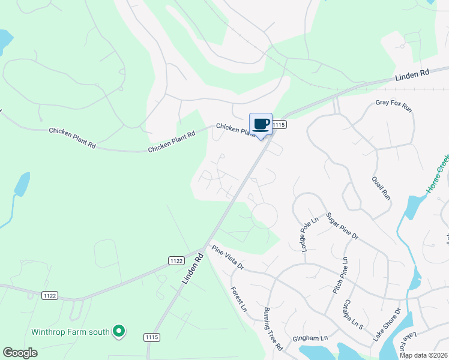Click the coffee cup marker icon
coord(261,125)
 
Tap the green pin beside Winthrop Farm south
coord(119,331)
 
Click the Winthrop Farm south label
coord(70,331)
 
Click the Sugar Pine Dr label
coord(342,226)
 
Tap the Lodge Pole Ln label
coord(308,236)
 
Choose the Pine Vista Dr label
coord(228,257)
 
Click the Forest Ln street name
coord(239,299)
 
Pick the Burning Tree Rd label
coord(273,329)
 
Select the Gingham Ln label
coord(310,338)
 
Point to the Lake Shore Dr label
coord(387,325)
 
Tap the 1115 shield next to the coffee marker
coord(279,124)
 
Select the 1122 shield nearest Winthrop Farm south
coord(50,295)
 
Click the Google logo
coord(20,353)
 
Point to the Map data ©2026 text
coord(424,355)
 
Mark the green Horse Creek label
coord(438,174)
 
